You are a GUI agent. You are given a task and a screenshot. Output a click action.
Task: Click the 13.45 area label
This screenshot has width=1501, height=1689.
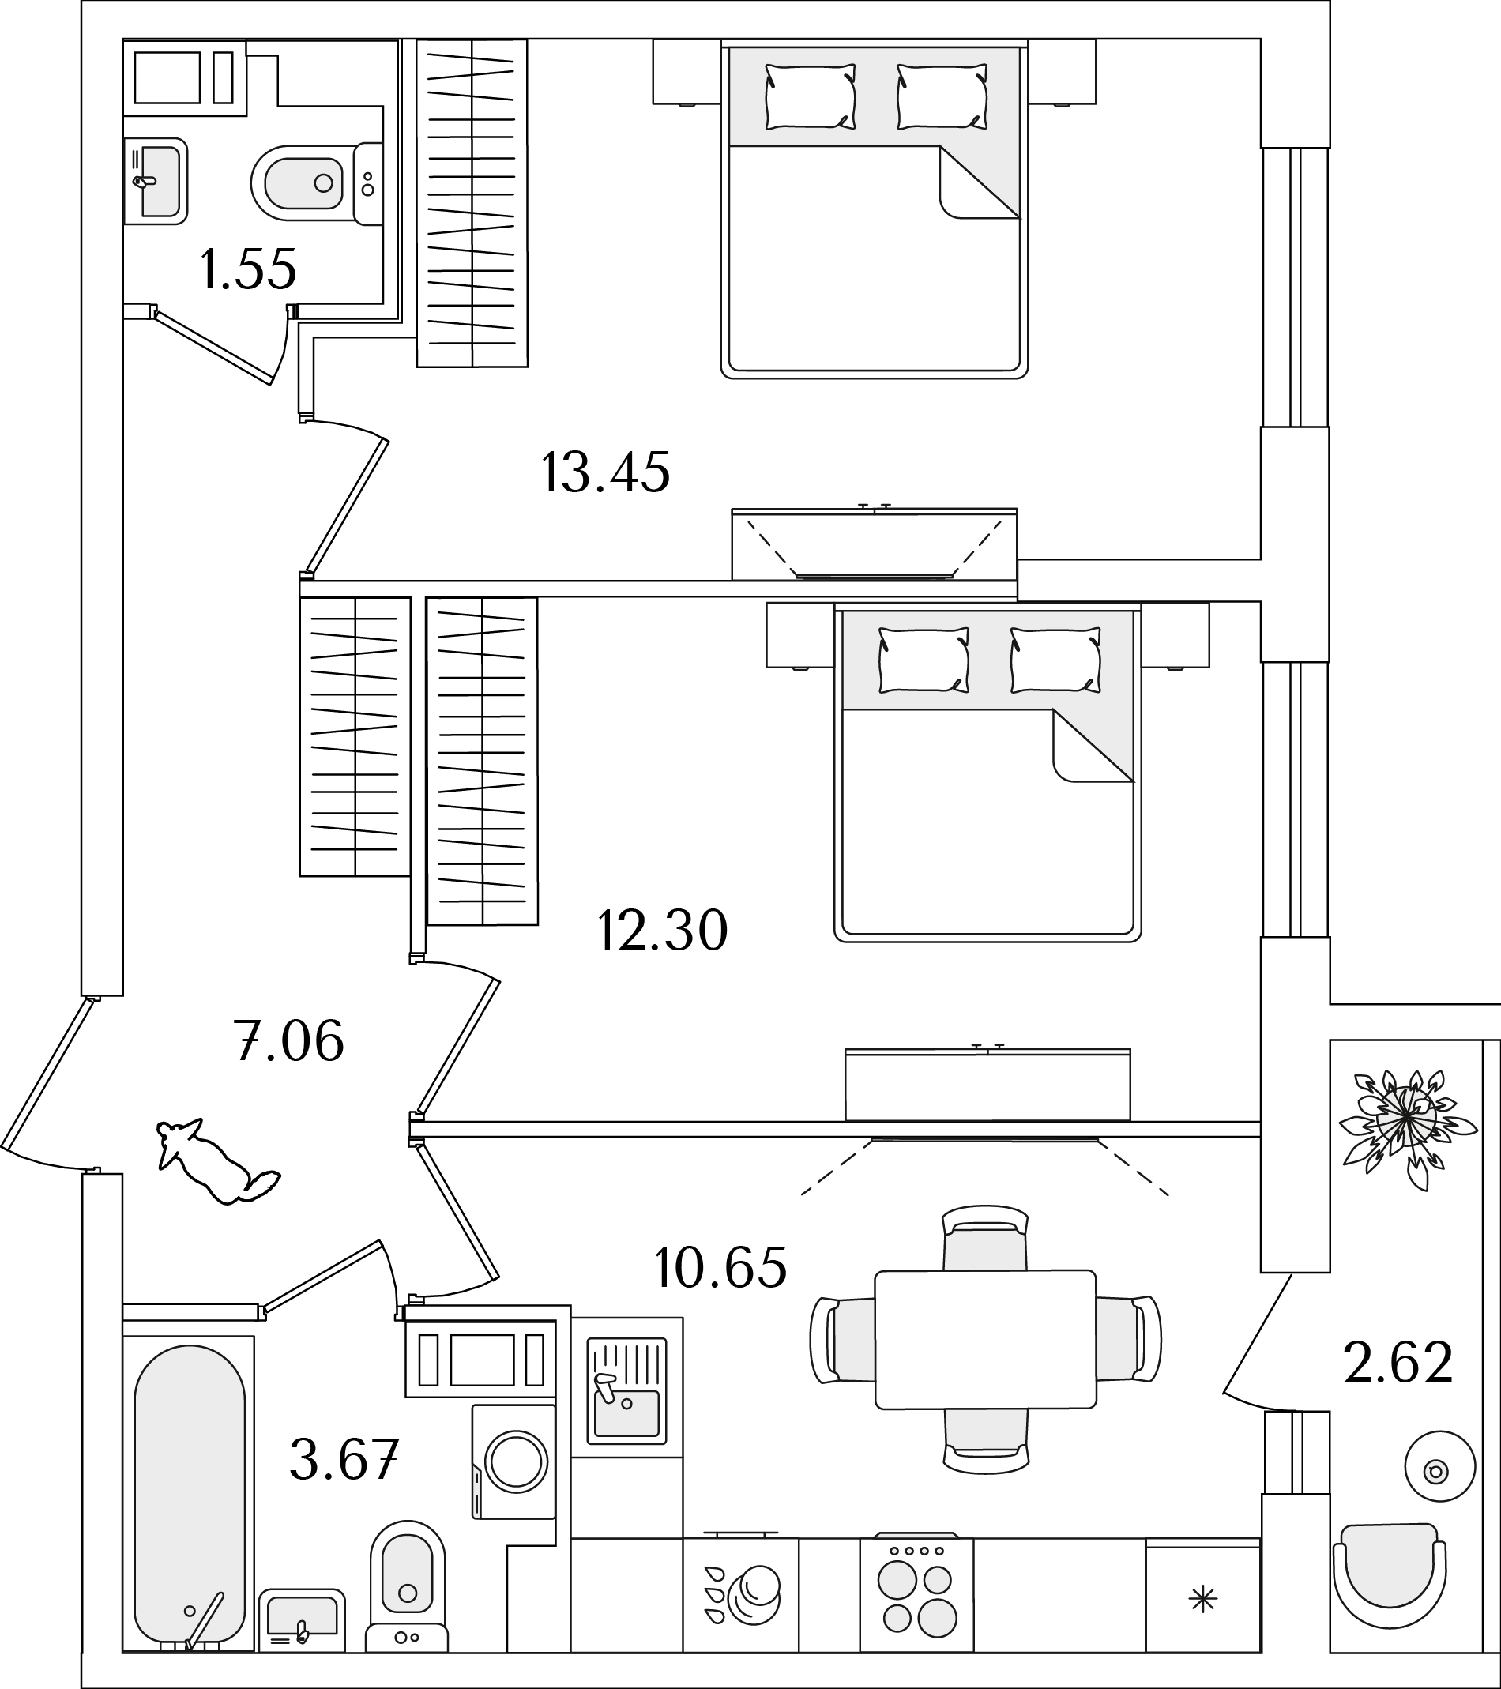click(x=605, y=472)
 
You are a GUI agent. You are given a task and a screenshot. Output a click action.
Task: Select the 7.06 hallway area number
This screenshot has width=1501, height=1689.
click(x=288, y=1040)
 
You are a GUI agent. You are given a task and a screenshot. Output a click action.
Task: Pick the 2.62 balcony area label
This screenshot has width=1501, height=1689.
click(x=1398, y=1363)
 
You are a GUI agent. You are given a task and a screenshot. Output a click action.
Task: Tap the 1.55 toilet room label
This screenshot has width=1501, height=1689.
click(x=248, y=269)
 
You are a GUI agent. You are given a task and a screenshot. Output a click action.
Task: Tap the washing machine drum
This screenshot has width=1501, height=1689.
click(x=517, y=1462)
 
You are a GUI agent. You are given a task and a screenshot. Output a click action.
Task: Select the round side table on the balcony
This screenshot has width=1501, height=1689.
click(x=1439, y=1468)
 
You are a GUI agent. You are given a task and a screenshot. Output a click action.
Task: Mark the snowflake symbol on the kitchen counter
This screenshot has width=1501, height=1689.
click(x=1202, y=1601)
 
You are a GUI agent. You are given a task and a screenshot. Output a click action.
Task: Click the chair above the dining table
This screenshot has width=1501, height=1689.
click(x=985, y=1239)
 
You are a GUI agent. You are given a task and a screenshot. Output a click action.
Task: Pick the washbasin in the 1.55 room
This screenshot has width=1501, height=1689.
click(x=156, y=181)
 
